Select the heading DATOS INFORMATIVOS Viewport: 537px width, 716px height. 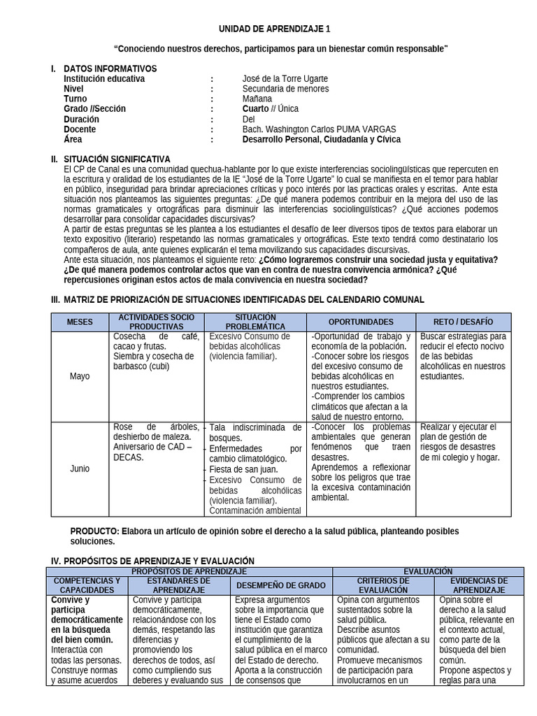[110, 69]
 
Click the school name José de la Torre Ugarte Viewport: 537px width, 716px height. [285, 79]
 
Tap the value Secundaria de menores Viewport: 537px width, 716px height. [285, 89]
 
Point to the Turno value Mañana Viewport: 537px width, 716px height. [259, 99]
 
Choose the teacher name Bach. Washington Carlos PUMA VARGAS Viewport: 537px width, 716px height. [319, 129]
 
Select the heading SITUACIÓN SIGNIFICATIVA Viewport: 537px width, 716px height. [116, 159]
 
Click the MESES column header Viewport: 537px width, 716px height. [80, 322]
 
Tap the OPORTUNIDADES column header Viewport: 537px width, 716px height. [361, 322]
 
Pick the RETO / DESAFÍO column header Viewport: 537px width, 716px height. [464, 322]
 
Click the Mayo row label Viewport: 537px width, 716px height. [80, 376]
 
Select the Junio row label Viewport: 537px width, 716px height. [80, 468]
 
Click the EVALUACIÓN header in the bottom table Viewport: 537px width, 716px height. [428, 571]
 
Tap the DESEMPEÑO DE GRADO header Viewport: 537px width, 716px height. [280, 585]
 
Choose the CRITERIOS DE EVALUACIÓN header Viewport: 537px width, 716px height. [382, 585]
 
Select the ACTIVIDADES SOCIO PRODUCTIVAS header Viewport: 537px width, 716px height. [157, 322]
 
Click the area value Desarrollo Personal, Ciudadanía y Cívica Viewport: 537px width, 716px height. [321, 139]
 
